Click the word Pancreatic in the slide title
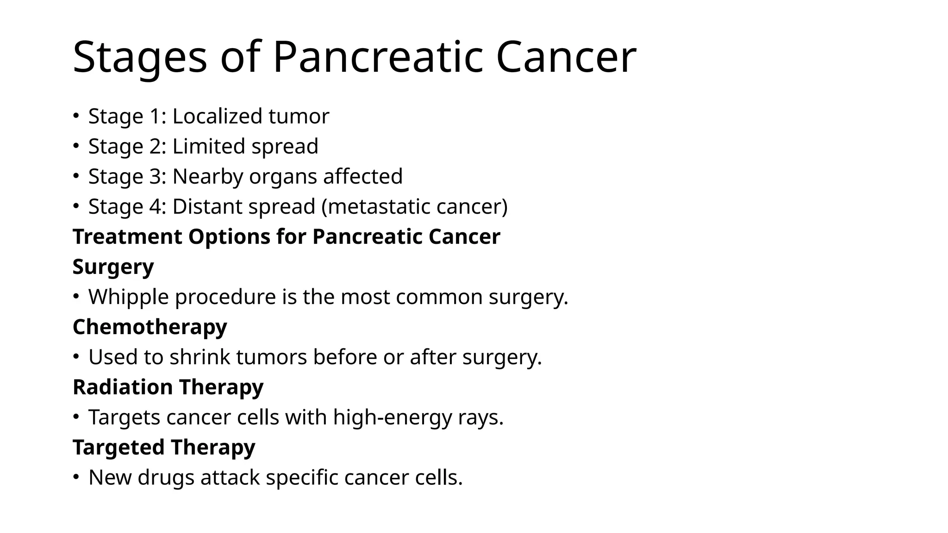click(x=378, y=57)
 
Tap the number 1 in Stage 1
click(x=155, y=116)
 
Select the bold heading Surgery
click(x=113, y=267)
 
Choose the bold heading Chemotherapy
click(x=150, y=327)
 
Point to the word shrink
click(x=200, y=357)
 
